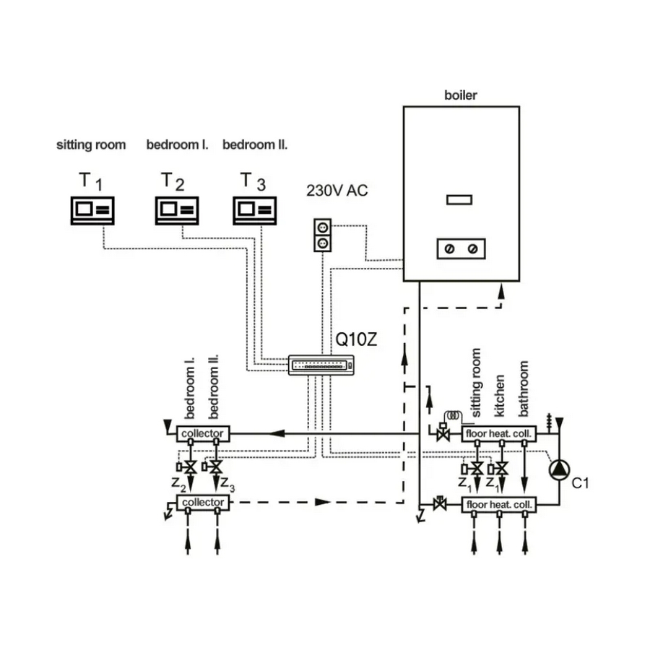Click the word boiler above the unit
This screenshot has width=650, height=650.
click(x=460, y=95)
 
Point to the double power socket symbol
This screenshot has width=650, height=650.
click(x=323, y=235)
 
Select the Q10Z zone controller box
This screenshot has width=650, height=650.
click(x=323, y=365)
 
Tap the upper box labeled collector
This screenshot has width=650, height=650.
click(x=203, y=433)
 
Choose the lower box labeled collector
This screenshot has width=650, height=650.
click(x=203, y=502)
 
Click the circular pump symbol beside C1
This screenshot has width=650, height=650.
click(x=559, y=471)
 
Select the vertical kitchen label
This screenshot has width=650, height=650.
click(x=500, y=396)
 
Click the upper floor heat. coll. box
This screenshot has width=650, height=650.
click(x=500, y=434)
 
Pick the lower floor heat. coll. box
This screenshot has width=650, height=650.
click(x=500, y=505)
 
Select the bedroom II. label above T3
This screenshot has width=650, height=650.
click(x=255, y=145)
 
